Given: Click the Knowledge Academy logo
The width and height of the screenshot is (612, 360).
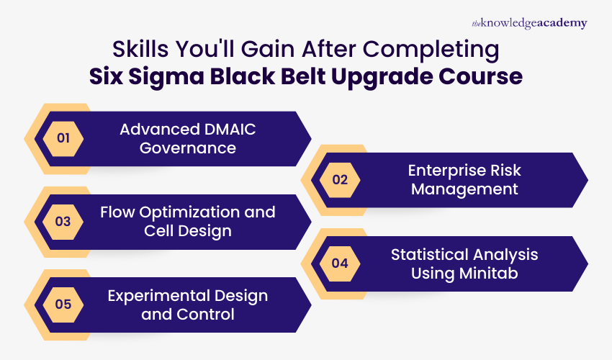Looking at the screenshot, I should (529, 23).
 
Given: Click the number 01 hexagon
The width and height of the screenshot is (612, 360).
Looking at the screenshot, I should (63, 138).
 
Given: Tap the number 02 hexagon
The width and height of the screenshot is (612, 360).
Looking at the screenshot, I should (340, 180).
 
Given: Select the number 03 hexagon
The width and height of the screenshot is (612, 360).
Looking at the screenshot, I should (63, 221).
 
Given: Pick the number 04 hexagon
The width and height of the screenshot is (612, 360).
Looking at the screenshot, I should (340, 263).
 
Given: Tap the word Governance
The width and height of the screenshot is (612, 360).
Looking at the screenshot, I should (187, 148).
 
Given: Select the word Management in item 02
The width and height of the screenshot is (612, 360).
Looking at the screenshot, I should (464, 189).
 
